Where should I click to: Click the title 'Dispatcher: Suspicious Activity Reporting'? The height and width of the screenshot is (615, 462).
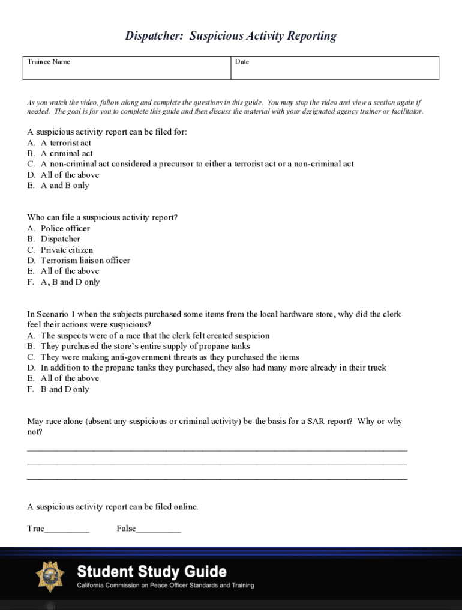(x=231, y=36)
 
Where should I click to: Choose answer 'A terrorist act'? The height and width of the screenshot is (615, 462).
(x=66, y=143)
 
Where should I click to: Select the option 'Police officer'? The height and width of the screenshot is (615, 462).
(x=65, y=228)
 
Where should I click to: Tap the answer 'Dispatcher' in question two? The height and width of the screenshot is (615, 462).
(x=60, y=239)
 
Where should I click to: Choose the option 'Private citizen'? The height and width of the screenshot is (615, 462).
(x=67, y=250)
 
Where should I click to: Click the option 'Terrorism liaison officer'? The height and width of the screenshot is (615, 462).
(x=85, y=261)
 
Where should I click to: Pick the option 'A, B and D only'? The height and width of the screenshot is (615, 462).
(x=70, y=282)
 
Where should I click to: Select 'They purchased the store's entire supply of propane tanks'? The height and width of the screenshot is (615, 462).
(x=145, y=346)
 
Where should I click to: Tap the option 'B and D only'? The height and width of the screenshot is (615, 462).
(x=65, y=389)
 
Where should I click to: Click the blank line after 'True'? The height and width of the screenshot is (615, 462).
(x=67, y=530)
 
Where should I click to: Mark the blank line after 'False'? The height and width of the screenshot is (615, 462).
(x=158, y=530)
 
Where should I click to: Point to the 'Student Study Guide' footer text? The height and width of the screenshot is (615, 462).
(x=151, y=571)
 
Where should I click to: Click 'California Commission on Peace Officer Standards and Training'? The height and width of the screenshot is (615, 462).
(x=165, y=586)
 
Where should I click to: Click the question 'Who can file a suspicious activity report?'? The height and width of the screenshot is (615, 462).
(x=103, y=217)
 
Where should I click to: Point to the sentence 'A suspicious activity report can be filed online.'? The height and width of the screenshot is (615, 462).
(x=113, y=507)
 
